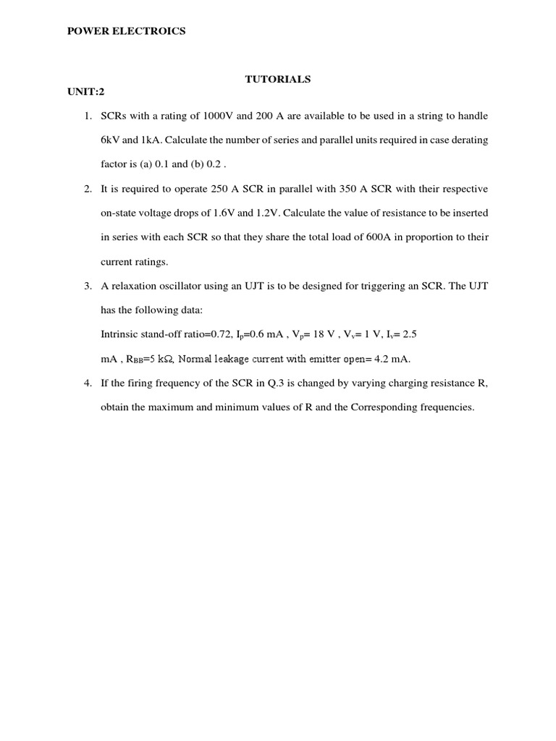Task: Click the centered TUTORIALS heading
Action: click(x=278, y=80)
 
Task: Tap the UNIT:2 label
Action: click(x=86, y=92)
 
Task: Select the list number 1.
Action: click(x=88, y=116)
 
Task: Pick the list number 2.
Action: click(x=88, y=189)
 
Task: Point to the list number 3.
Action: click(x=88, y=286)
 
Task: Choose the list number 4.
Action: click(x=88, y=383)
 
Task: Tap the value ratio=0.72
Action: click(x=210, y=335)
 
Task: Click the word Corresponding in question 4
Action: click(x=383, y=407)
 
